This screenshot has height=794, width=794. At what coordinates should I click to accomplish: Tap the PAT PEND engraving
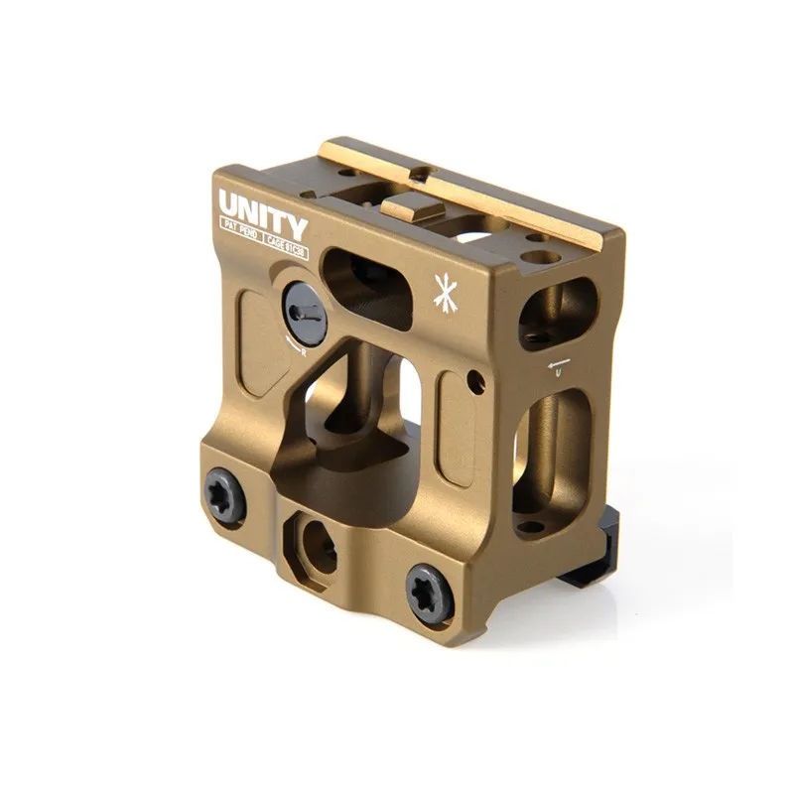tap(240, 239)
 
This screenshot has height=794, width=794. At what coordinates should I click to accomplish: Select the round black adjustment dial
tap(303, 313)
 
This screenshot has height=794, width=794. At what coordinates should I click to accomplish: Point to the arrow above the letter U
tap(561, 359)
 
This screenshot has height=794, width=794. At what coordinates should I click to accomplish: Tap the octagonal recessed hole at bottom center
tap(315, 540)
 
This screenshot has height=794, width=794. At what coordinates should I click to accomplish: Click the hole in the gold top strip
tap(422, 174)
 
